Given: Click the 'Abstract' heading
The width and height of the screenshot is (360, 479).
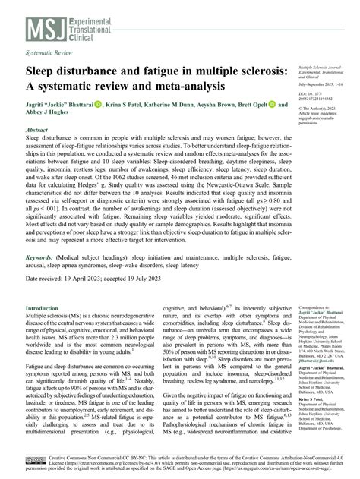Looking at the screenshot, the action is click(38, 131).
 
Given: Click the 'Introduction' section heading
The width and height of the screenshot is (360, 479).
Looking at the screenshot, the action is click(47, 288).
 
